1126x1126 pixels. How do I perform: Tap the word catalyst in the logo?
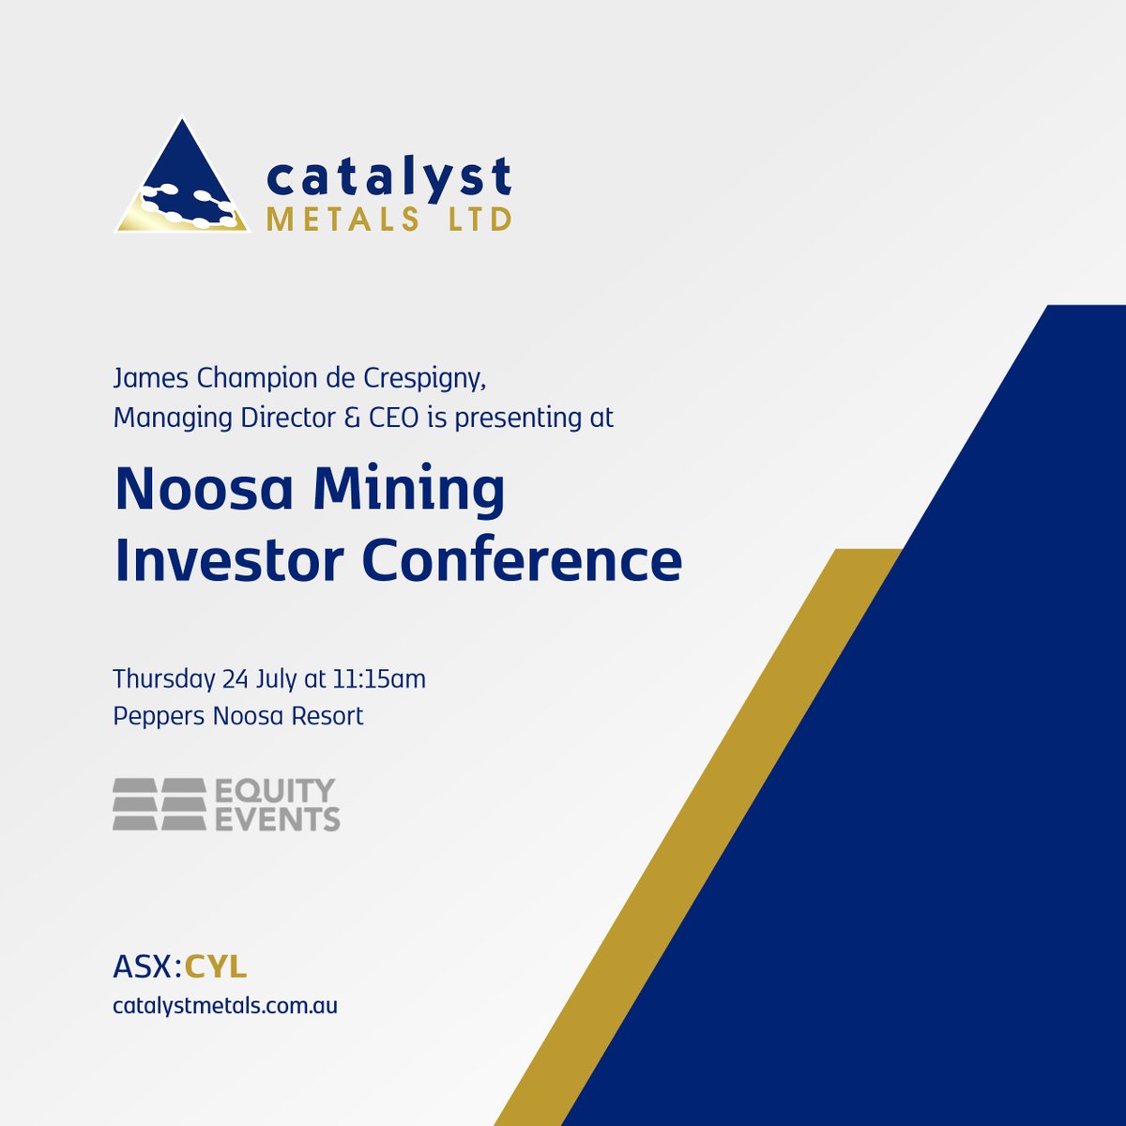pos(388,178)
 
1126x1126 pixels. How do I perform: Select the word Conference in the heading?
pos(522,560)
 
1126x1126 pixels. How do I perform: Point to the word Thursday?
pos(163,678)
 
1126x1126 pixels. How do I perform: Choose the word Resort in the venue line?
pos(327,716)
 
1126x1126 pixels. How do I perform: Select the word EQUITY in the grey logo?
pos(275,791)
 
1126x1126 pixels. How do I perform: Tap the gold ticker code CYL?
pos(216,966)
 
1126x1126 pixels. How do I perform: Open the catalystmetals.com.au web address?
pos(225,1006)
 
